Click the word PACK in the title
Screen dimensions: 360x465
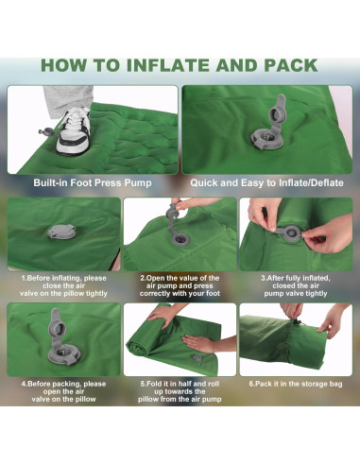(290, 65)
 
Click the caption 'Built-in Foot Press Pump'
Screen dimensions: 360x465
(93, 182)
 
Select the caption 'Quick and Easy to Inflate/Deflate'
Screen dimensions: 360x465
(266, 182)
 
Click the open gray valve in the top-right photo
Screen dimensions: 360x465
(269, 125)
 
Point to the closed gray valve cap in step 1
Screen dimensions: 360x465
(61, 232)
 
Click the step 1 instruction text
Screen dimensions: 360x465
(63, 285)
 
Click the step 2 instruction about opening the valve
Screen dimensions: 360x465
(180, 285)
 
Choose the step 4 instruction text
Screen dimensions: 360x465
(63, 391)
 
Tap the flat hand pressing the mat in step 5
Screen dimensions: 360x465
(199, 342)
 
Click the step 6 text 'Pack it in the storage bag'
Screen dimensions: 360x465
(296, 384)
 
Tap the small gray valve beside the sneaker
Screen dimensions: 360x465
(46, 131)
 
